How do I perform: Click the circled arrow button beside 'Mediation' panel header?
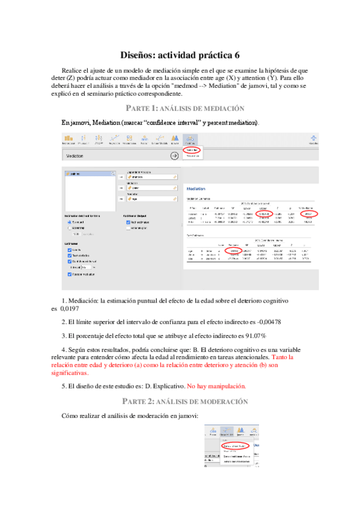(x=175, y=155)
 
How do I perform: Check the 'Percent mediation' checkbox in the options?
(x=70, y=274)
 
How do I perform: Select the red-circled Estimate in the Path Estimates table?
(x=236, y=250)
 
